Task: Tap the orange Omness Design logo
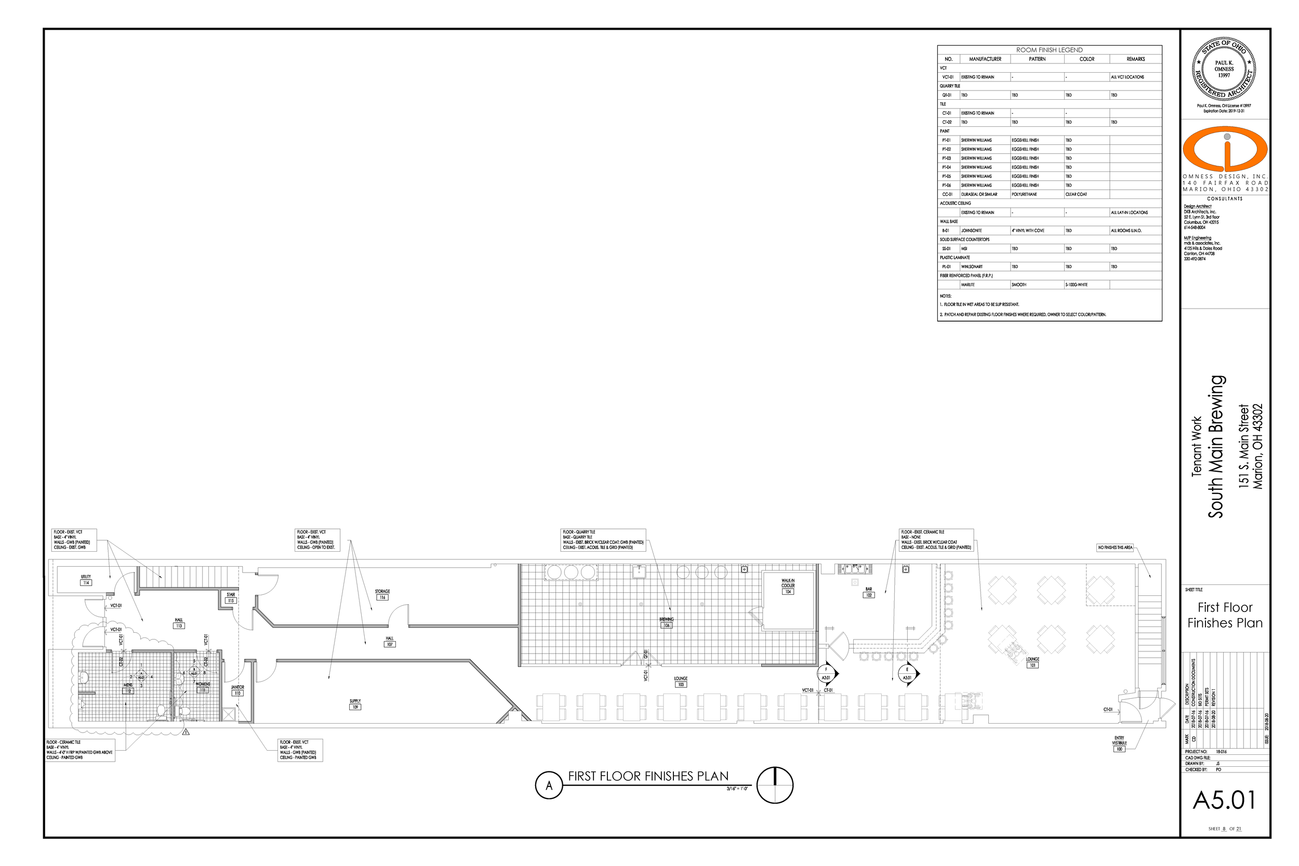coord(1225,149)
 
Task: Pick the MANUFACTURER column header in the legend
coord(985,59)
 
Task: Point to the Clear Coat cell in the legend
coord(1076,194)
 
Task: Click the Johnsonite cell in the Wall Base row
coord(972,230)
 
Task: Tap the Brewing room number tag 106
coord(667,625)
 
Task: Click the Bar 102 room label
coord(869,592)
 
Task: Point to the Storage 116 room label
coord(382,594)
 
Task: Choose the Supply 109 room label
coord(355,704)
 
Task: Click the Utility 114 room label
coord(86,579)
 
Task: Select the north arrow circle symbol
coord(775,785)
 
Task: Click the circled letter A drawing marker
coord(549,785)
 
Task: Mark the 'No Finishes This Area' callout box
coord(1115,548)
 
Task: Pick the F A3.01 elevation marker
coord(827,673)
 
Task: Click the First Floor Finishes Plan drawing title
coord(648,776)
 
